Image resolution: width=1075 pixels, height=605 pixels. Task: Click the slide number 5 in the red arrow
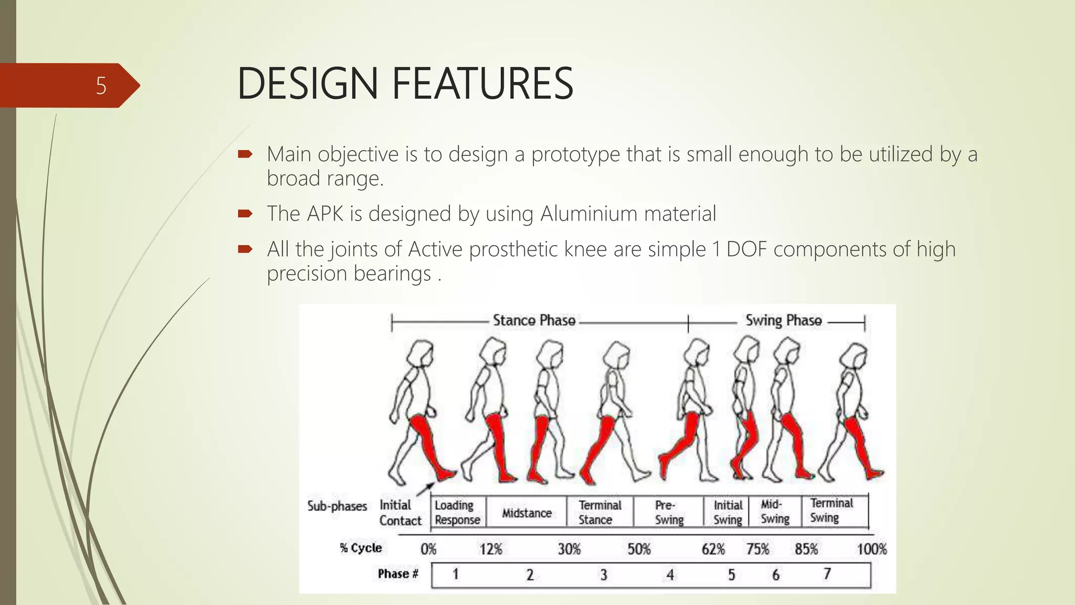[101, 86]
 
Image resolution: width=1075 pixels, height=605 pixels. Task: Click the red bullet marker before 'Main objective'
[245, 154]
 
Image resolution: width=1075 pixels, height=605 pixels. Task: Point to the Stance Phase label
[534, 320]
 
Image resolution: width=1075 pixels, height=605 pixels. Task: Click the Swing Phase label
[783, 320]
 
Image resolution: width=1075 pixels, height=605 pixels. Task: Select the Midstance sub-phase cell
[526, 513]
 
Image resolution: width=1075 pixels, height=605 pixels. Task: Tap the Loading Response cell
[457, 513]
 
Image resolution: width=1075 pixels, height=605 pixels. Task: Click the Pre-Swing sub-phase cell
[669, 513]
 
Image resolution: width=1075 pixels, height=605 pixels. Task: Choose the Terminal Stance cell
[599, 513]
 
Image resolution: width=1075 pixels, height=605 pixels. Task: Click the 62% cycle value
[713, 549]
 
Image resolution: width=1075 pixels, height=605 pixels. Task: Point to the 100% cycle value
[871, 549]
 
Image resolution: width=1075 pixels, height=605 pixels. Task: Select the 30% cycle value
[569, 549]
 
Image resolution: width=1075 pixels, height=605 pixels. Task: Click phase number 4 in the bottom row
[670, 575]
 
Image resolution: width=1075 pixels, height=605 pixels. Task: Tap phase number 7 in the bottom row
[827, 574]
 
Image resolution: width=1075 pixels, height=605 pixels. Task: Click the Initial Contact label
[400, 513]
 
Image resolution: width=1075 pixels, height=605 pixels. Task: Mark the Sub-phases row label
[337, 506]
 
